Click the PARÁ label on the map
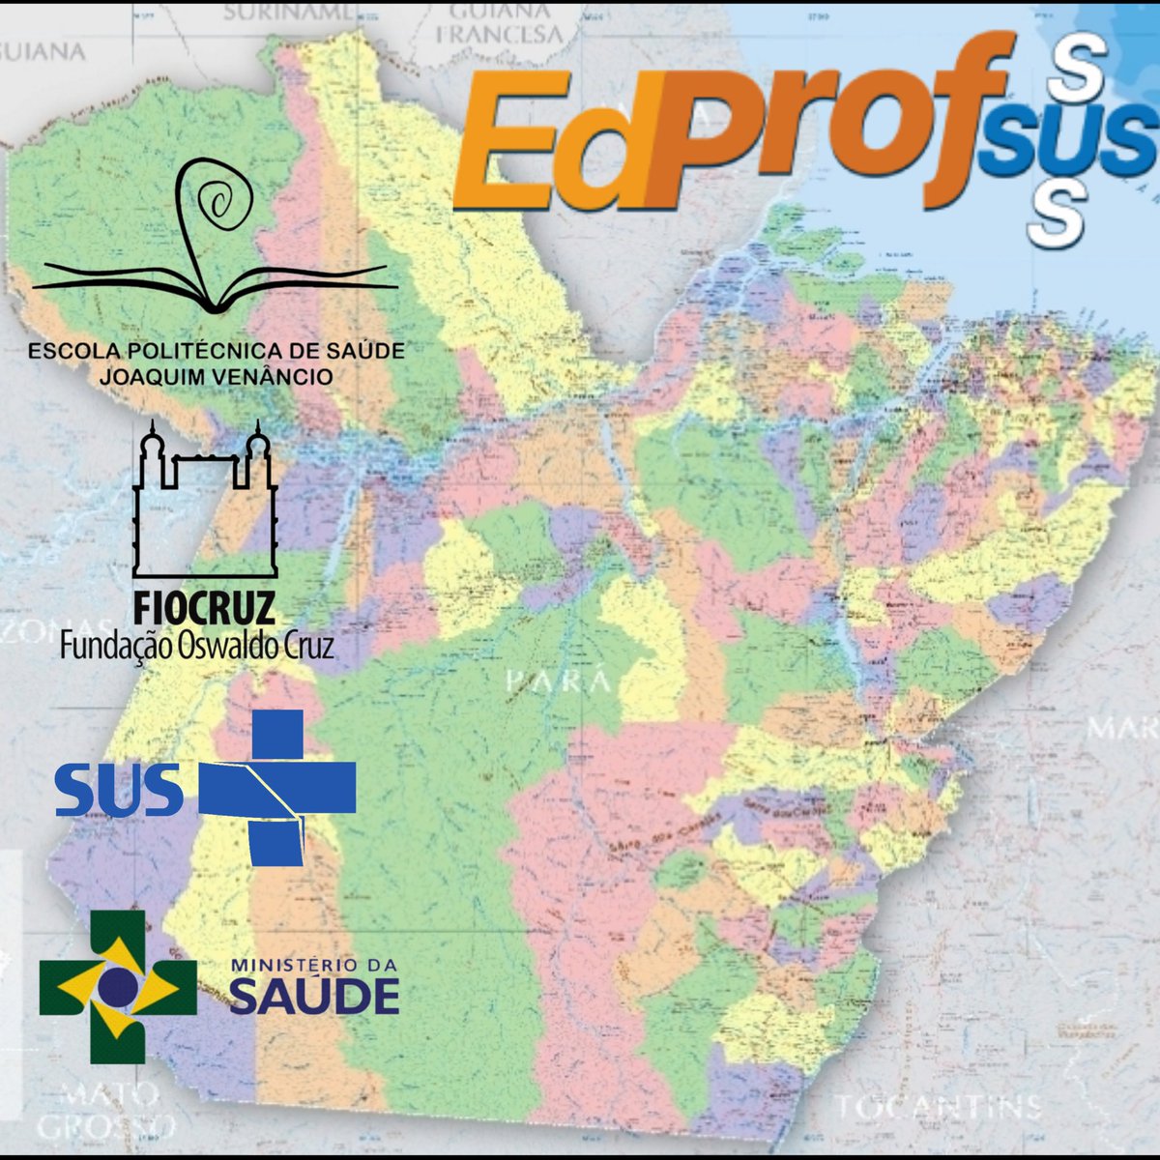tap(559, 681)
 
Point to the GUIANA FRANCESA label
tap(499, 23)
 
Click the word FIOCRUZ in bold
tap(203, 609)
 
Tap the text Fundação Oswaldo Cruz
tap(197, 645)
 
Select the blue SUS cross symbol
tap(277, 788)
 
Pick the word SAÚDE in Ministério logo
tap(314, 997)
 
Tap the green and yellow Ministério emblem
tap(117, 986)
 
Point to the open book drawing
tap(215, 285)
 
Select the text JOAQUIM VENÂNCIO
tap(217, 376)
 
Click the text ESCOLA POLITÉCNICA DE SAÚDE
tap(217, 351)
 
